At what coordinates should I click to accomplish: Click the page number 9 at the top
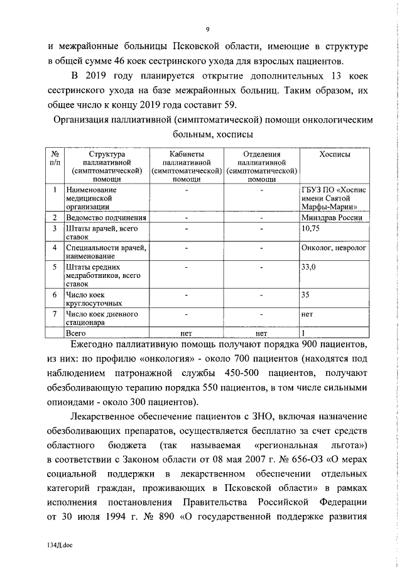[x=206, y=28]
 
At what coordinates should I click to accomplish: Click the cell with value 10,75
[x=312, y=228]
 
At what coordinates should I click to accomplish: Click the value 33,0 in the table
[x=309, y=267]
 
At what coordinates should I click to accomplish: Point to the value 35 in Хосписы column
[x=306, y=294]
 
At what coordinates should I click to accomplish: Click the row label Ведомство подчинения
[x=106, y=217]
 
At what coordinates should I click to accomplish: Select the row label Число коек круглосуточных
[x=91, y=299]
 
